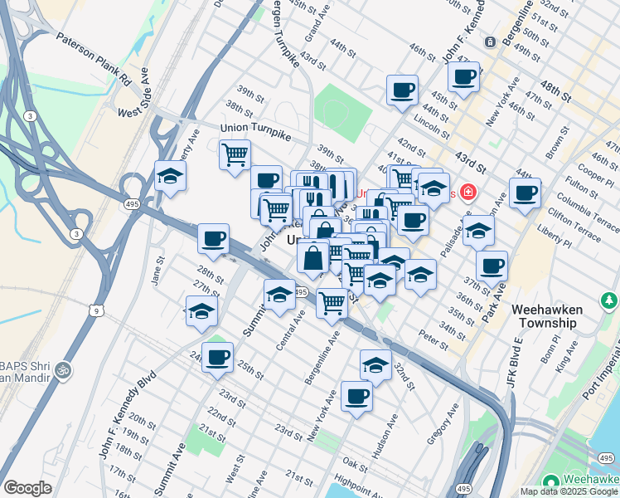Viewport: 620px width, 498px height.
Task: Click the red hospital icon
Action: pyautogui.click(x=468, y=193)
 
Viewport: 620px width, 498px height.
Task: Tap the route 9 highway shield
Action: pyautogui.click(x=97, y=310)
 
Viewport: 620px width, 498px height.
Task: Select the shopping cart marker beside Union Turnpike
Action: pyautogui.click(x=235, y=153)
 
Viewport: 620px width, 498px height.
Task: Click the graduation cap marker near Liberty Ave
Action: pyautogui.click(x=171, y=176)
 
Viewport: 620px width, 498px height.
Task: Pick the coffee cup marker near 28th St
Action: pyautogui.click(x=213, y=239)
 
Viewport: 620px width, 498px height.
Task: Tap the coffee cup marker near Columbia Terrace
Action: pyautogui.click(x=525, y=193)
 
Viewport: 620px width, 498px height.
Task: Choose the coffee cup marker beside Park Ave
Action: pyautogui.click(x=492, y=266)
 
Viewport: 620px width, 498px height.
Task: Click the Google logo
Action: pyautogui.click(x=27, y=487)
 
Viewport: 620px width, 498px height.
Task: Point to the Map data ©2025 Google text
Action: pyautogui.click(x=568, y=491)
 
